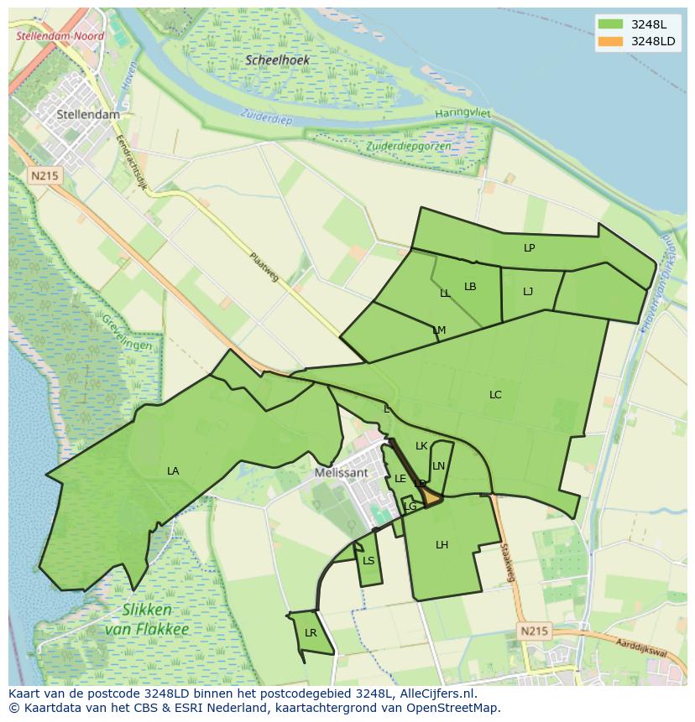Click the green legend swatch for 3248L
click(x=610, y=24)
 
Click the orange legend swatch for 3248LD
click(x=610, y=41)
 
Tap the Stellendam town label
click(x=88, y=114)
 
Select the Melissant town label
click(x=341, y=472)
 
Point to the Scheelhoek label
click(x=278, y=60)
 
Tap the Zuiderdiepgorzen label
click(x=409, y=146)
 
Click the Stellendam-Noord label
click(x=60, y=37)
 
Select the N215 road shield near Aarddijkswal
click(x=534, y=631)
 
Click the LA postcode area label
click(x=173, y=471)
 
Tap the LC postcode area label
click(x=495, y=394)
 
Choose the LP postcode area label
click(x=529, y=248)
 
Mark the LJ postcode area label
click(x=528, y=292)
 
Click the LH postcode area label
click(x=442, y=545)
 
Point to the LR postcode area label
click(x=311, y=633)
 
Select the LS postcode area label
click(x=368, y=561)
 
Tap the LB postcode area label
click(x=470, y=287)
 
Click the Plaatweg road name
click(x=264, y=267)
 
